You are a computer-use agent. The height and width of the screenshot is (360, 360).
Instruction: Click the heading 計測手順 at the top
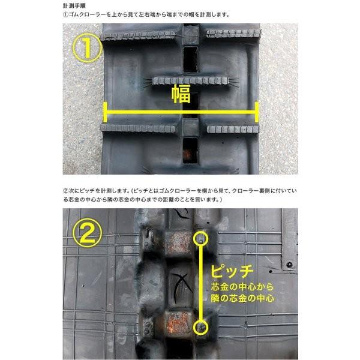[x=75, y=5]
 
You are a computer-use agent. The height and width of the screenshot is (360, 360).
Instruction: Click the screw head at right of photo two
[x=289, y=264]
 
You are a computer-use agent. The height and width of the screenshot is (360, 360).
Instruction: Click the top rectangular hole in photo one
[x=190, y=57]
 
